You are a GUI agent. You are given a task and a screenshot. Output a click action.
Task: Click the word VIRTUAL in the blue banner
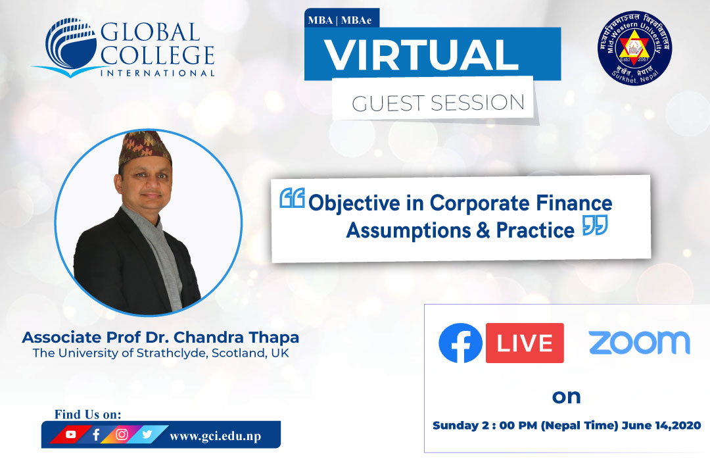point(421,55)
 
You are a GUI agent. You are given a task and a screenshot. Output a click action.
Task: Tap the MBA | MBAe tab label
point(340,20)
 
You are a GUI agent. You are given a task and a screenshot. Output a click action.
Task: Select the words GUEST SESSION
point(438,103)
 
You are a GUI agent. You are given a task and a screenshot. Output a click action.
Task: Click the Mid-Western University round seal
point(634,48)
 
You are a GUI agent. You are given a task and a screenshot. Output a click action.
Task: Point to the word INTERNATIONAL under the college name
point(157,73)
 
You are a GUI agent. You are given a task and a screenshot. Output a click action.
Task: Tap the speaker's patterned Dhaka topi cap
point(145,147)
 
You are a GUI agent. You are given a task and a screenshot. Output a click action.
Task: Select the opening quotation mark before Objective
point(292,198)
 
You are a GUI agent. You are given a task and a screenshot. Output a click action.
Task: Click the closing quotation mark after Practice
point(595,225)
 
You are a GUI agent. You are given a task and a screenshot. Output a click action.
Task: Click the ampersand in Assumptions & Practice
point(483,230)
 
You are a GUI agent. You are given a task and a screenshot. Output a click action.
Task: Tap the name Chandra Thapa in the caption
point(237,337)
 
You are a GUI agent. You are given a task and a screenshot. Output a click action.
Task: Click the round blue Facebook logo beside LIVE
point(460,343)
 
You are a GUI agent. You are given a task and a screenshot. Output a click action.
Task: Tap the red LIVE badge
point(525,343)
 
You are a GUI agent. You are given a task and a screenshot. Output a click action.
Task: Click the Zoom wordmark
point(640,343)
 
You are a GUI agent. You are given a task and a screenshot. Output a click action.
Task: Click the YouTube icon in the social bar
point(71,434)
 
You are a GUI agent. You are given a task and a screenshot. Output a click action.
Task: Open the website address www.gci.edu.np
point(216,436)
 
